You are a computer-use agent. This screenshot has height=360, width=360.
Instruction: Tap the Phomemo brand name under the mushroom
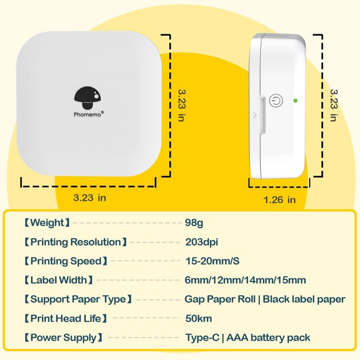pos(89,114)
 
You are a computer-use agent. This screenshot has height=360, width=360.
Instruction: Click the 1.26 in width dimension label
pos(279,199)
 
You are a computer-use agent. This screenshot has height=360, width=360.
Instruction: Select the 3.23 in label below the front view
pos(90,197)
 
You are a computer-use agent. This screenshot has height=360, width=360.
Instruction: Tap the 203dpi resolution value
pos(202,242)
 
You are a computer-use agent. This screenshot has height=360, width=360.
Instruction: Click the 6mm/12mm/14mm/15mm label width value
pos(245,280)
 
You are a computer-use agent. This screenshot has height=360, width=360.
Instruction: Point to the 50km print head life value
pos(198,319)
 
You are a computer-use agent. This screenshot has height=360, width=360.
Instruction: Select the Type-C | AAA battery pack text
pos(247,337)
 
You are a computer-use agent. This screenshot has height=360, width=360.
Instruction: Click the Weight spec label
pos(47,222)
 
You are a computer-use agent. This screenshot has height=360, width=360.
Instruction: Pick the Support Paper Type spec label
pos(78,299)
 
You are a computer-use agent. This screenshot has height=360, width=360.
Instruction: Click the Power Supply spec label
pos(63,337)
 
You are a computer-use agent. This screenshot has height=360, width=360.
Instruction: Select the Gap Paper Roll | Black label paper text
pos(265,299)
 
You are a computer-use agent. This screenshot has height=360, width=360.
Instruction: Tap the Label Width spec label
pos(58,280)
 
